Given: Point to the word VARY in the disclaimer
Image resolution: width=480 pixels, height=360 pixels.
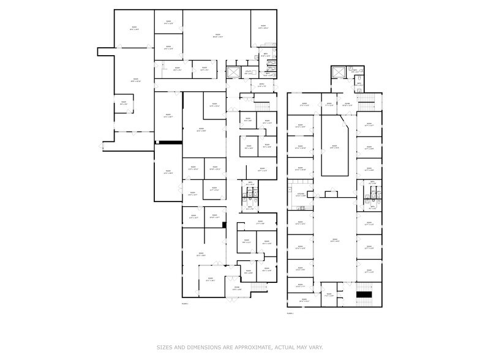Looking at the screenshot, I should (x=315, y=347).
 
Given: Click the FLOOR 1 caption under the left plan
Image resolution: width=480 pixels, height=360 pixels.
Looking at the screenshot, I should (x=185, y=304).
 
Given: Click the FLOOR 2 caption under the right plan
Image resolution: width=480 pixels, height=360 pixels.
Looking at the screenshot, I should (x=290, y=313).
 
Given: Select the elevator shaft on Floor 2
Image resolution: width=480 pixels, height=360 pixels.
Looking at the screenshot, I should (x=336, y=73).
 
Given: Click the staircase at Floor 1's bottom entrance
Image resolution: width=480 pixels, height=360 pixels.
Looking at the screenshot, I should (x=260, y=287).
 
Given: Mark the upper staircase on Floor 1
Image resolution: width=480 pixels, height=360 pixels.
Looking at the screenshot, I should (x=262, y=106).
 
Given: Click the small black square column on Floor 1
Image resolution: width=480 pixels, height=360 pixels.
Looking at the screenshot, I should (x=225, y=225).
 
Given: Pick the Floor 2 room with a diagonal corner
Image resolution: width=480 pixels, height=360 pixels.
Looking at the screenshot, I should (x=335, y=147).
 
